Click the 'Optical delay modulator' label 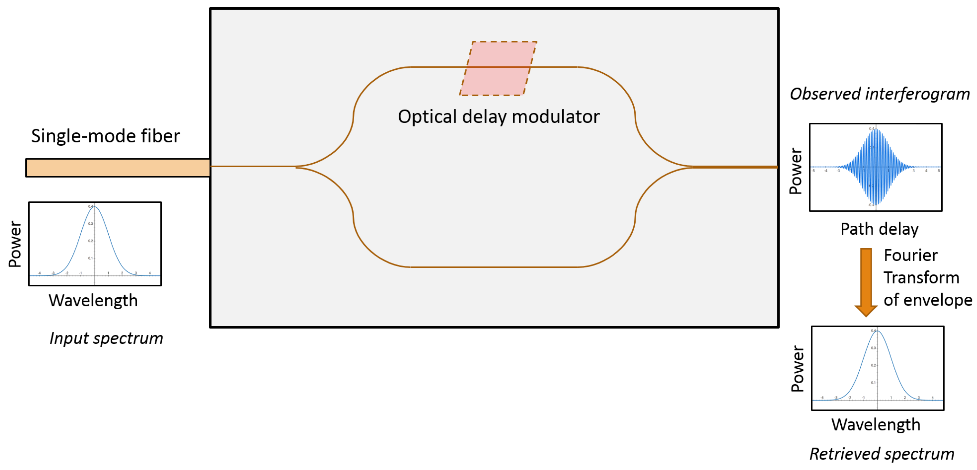[498, 116]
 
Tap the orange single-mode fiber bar [118, 168]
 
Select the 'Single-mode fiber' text [105, 136]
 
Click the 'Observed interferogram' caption [880, 94]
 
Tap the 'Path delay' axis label [879, 229]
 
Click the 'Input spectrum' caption [106, 338]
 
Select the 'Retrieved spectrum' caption [882, 454]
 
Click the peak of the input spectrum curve [94, 207]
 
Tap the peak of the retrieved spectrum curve [877, 331]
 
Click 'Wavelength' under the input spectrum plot [93, 301]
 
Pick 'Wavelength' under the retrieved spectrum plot [876, 424]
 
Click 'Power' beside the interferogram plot [796, 171]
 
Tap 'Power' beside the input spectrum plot [15, 244]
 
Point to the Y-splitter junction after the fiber [297, 167]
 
